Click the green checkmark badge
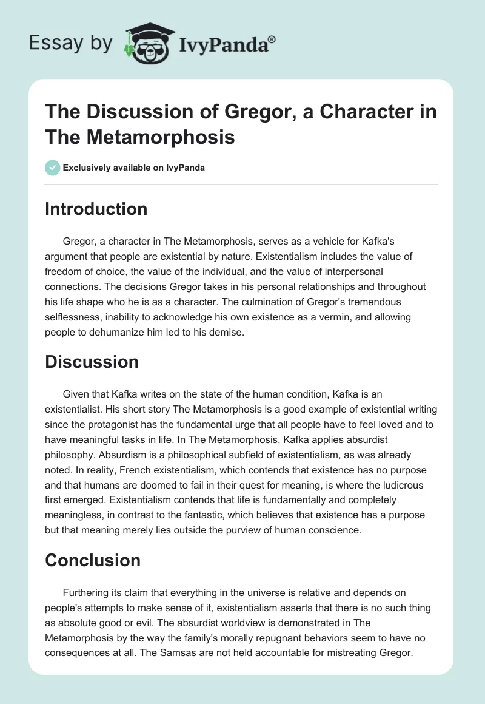(53, 168)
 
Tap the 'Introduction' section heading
(96, 209)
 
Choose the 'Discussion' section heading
(92, 362)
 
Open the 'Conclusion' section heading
(93, 561)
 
